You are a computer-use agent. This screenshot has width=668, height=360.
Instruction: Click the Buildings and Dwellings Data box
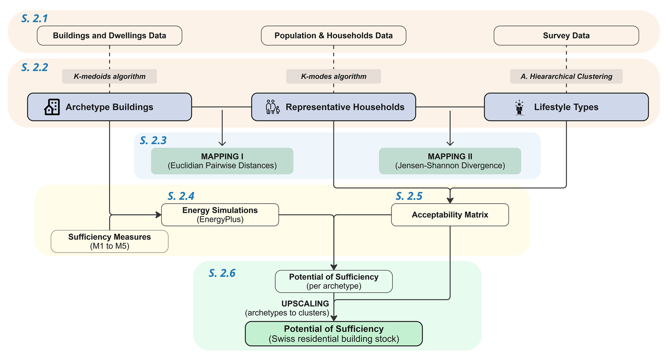(x=110, y=36)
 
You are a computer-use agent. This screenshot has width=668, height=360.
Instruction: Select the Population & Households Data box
(x=334, y=36)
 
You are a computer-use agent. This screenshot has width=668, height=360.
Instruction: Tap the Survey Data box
(x=566, y=36)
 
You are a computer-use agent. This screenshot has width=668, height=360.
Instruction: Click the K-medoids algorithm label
(x=110, y=76)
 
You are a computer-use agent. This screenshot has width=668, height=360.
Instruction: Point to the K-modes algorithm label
(x=334, y=76)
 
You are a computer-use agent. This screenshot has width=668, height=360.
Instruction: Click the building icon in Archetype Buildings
(x=52, y=107)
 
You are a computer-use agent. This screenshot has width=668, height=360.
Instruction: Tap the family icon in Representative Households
(x=273, y=107)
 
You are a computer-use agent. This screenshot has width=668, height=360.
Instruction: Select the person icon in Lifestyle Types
(x=520, y=107)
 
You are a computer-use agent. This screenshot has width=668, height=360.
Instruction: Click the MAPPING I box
(x=222, y=161)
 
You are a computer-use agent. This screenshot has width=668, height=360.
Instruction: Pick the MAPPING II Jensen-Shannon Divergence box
(x=450, y=161)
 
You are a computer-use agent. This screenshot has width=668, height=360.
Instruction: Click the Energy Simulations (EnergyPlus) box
(x=220, y=215)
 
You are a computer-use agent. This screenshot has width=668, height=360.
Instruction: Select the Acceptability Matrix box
(x=450, y=215)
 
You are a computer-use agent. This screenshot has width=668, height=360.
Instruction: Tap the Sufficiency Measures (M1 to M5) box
(x=110, y=241)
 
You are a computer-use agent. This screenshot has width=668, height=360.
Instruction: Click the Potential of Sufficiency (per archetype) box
(x=334, y=281)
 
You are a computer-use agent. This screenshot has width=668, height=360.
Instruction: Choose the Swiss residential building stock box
(x=334, y=333)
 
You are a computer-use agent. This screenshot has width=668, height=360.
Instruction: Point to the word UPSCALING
(x=305, y=303)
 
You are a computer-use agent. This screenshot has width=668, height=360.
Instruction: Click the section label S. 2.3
(x=153, y=140)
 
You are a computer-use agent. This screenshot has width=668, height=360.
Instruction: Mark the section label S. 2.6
(x=222, y=273)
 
